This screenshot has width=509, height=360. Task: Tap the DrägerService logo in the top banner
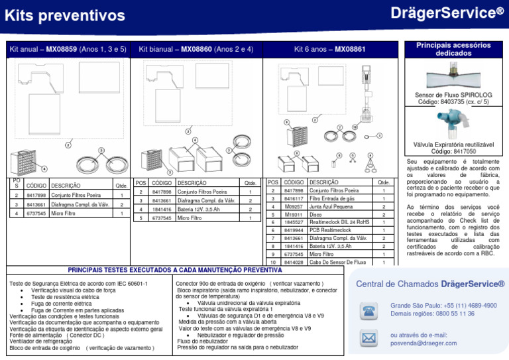[447, 13]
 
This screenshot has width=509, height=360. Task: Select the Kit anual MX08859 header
[68, 50]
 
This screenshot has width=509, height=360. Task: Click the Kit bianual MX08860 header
[196, 50]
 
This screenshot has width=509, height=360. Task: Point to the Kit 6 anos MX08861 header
[329, 50]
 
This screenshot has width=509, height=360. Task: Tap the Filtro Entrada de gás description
[333, 198]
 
